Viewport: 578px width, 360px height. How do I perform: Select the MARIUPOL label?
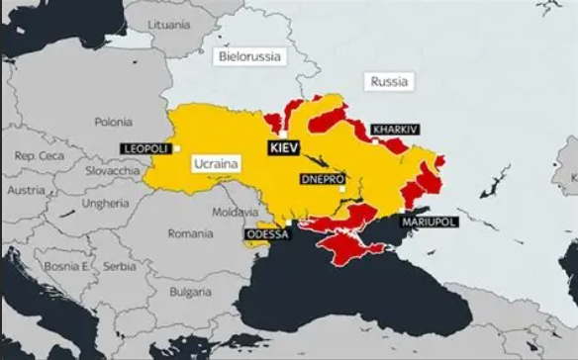[429, 223]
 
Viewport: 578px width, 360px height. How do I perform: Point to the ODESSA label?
[267, 234]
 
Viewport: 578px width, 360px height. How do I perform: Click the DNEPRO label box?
[322, 179]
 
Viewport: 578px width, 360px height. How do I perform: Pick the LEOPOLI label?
[144, 147]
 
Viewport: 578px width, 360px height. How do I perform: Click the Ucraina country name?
[216, 160]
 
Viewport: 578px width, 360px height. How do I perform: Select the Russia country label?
[388, 82]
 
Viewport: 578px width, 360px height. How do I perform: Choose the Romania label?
[190, 234]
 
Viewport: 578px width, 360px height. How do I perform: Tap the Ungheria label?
[105, 204]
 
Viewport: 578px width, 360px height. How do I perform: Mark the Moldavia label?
[235, 213]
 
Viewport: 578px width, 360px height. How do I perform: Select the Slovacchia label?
[111, 171]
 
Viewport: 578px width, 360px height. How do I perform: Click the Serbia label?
[119, 266]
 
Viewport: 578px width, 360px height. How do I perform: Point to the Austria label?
[25, 189]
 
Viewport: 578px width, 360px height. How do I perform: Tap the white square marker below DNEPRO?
[341, 190]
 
